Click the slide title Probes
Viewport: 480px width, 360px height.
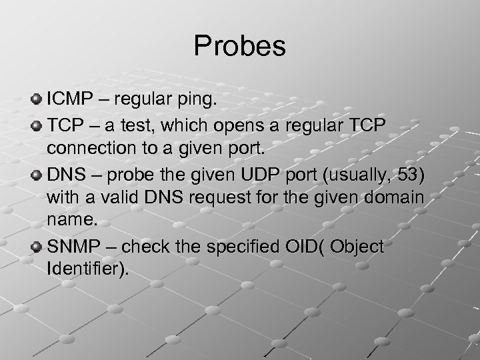239,46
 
